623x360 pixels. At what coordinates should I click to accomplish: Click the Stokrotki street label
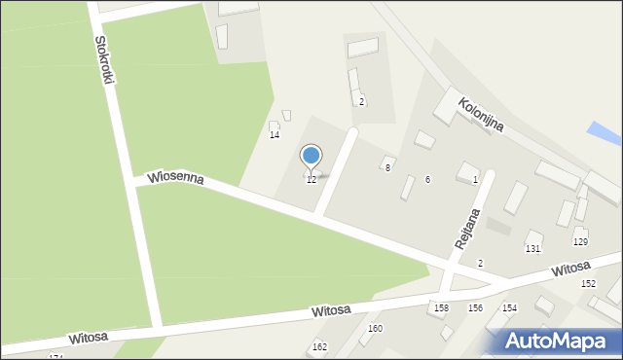point(104,60)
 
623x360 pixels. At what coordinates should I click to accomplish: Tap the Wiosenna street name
point(175,180)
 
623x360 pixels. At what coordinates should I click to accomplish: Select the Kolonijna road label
point(482,114)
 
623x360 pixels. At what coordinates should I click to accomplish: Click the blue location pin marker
point(311,156)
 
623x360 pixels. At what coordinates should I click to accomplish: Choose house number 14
point(275,135)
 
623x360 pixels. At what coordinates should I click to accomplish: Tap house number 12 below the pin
point(311,180)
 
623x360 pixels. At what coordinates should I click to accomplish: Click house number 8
point(387,168)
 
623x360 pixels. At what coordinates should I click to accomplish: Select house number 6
point(427,180)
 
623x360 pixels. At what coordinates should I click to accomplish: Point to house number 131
point(532,249)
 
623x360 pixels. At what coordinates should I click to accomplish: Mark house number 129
point(580,242)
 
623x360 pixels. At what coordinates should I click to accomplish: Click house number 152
point(588,283)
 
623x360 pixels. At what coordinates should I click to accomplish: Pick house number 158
point(441,307)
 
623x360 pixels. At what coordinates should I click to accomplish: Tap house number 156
point(475,307)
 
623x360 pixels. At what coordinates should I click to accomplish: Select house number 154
point(509,307)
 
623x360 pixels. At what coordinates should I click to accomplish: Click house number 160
point(375,329)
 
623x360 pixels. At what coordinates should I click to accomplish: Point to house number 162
point(319,347)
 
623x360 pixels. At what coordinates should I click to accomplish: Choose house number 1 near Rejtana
point(475,180)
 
